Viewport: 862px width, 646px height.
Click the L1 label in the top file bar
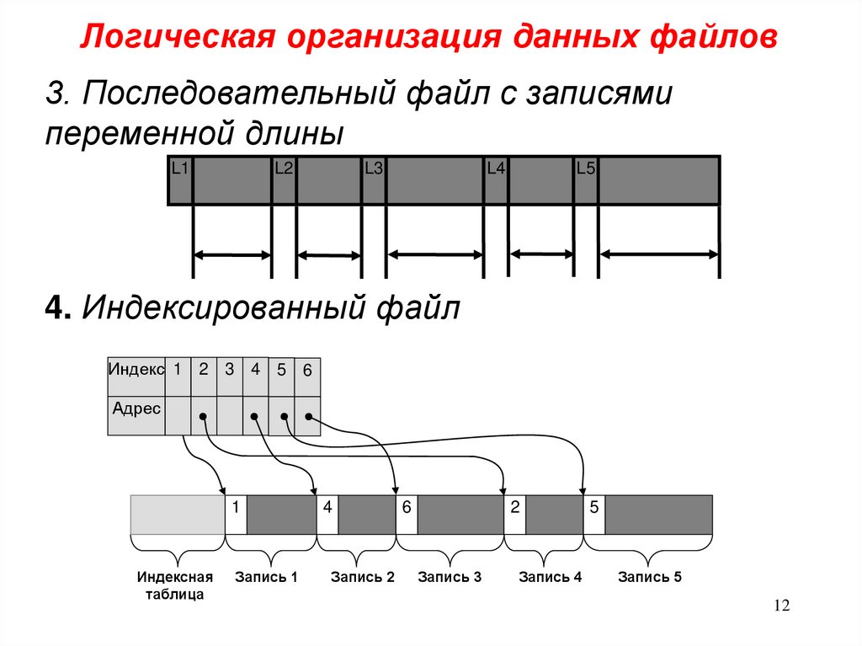179,168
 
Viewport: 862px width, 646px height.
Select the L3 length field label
374,168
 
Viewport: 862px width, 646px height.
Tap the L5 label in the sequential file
586,168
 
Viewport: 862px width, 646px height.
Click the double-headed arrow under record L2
328,255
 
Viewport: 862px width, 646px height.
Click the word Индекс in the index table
136,368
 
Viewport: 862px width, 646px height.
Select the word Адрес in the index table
136,408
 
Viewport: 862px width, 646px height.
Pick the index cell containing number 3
229,368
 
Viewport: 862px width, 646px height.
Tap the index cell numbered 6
307,370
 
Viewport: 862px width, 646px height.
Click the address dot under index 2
203,416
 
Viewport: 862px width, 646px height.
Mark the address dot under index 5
283,416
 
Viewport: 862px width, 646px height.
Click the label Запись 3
450,578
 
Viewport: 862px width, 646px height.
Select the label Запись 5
649,578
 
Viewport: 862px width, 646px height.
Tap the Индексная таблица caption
175,585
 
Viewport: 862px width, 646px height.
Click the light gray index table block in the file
178,515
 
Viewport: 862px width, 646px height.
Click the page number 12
782,607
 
